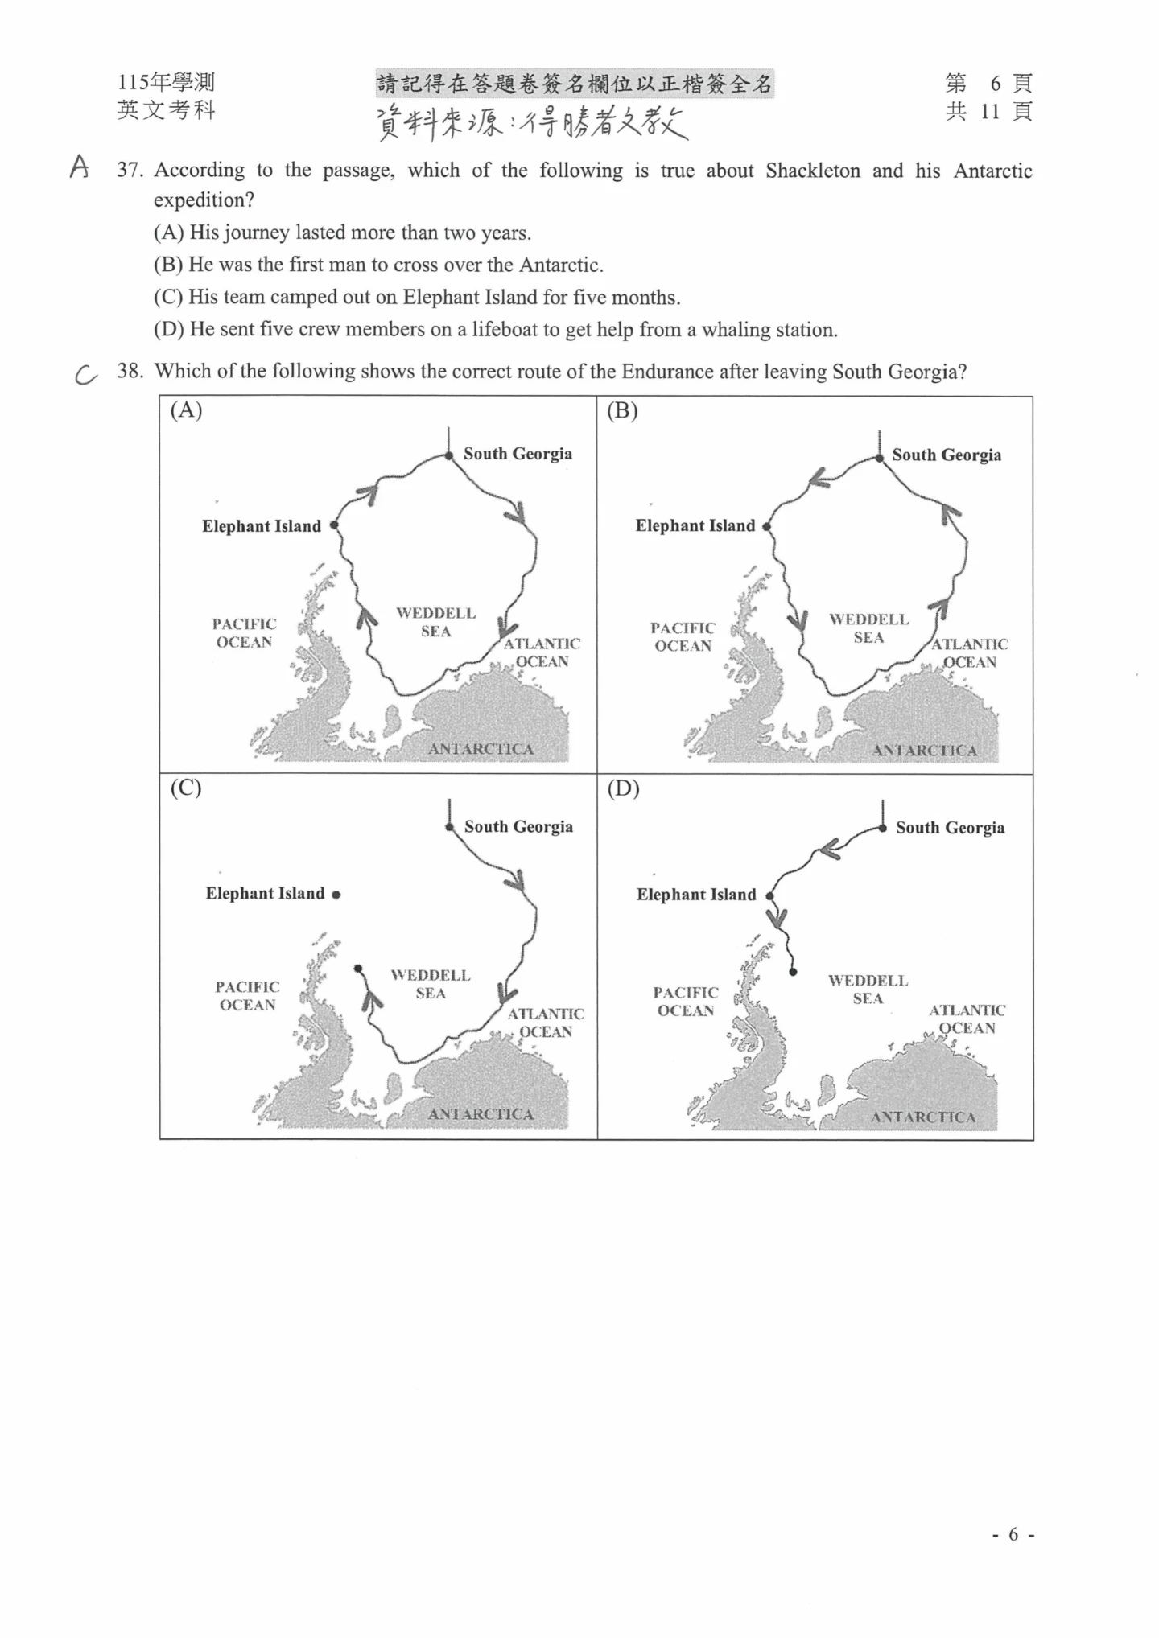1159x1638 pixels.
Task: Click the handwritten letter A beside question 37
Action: (x=79, y=167)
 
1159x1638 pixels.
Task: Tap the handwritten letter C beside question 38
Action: (x=85, y=374)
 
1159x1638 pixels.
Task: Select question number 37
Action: (x=129, y=171)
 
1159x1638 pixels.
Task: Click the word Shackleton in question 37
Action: (x=812, y=171)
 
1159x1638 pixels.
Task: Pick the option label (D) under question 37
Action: (x=169, y=330)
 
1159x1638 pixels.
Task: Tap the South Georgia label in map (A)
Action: (x=518, y=454)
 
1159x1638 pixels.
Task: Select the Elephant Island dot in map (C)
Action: (x=336, y=895)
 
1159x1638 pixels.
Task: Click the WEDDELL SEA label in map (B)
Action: (x=868, y=628)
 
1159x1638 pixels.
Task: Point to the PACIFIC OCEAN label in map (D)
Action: (x=685, y=1002)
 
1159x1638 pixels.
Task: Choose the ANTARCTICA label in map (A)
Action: (x=481, y=749)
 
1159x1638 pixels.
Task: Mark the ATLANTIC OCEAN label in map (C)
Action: (x=545, y=1023)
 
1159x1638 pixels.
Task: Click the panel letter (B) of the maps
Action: (x=622, y=411)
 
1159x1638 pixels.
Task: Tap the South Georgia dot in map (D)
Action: (x=883, y=828)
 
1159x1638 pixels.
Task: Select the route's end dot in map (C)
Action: (x=358, y=969)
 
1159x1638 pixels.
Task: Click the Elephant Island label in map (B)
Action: (x=695, y=526)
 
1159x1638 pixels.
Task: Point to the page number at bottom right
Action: (x=1013, y=1535)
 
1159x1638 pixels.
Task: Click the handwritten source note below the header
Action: (x=532, y=124)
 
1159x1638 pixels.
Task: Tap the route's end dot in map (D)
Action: (x=793, y=972)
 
